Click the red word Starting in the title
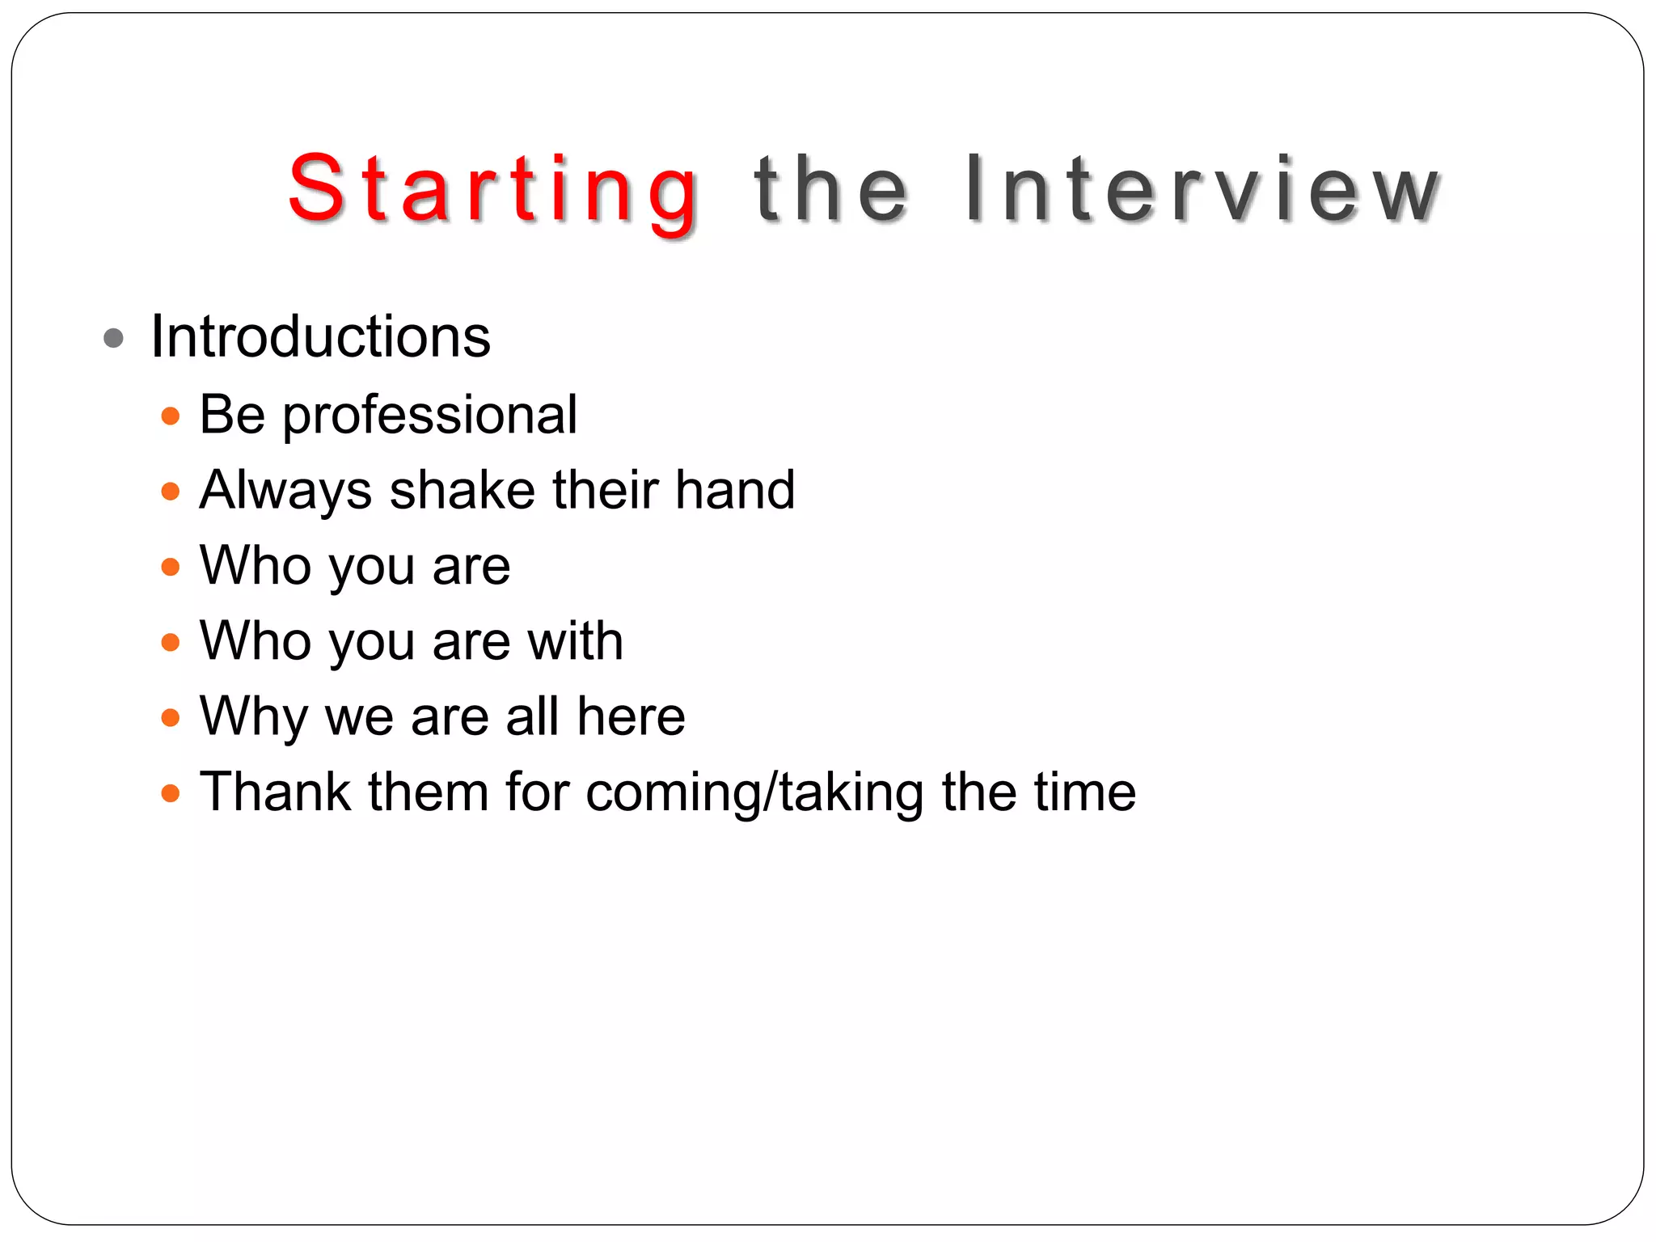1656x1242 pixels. pyautogui.click(x=493, y=190)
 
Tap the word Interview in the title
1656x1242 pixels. pyautogui.click(x=1202, y=190)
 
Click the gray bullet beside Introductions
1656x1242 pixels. pyautogui.click(x=114, y=338)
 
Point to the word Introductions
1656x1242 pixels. pyautogui.click(x=320, y=336)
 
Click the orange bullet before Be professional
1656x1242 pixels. pyautogui.click(x=170, y=416)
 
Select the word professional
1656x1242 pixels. pyautogui.click(x=429, y=416)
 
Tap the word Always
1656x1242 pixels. pyautogui.click(x=285, y=491)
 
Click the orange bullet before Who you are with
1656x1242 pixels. pyautogui.click(x=170, y=643)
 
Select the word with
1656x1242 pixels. pyautogui.click(x=575, y=641)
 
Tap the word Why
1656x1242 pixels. pyautogui.click(x=254, y=717)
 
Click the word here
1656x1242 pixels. pyautogui.click(x=631, y=716)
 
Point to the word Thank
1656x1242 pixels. pyautogui.click(x=275, y=792)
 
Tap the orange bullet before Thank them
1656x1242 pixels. pyautogui.click(x=170, y=793)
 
